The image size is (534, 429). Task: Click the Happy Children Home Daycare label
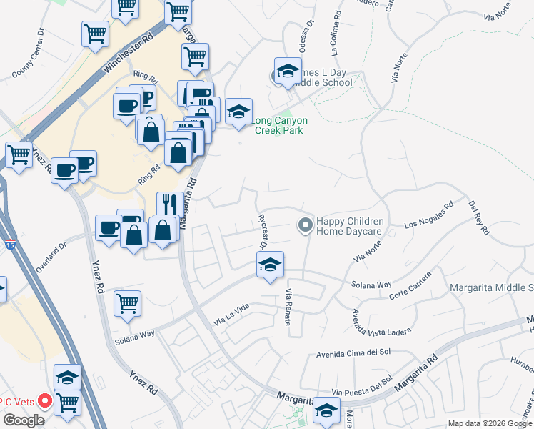click(350, 227)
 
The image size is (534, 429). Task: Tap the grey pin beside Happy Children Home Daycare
click(305, 225)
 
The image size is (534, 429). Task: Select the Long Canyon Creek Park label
click(278, 125)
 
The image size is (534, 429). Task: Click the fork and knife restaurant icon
click(167, 203)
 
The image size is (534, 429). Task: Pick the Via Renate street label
click(288, 307)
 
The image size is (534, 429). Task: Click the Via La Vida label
click(231, 311)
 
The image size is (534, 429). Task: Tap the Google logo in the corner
click(23, 420)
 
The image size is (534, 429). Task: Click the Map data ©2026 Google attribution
click(490, 423)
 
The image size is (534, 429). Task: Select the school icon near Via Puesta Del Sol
click(326, 410)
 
